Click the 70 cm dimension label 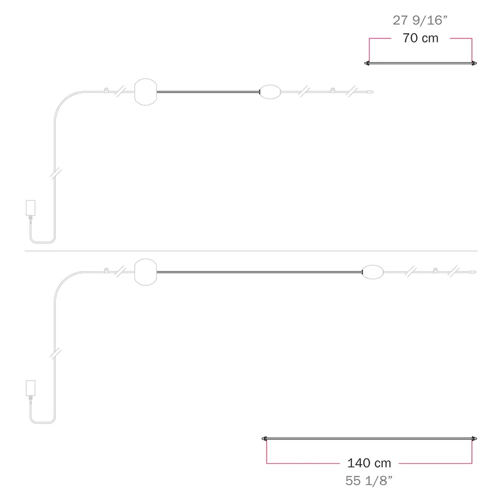[x=420, y=38]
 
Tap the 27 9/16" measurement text [x=420, y=20]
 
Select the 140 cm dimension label [x=369, y=463]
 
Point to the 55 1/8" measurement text [x=369, y=481]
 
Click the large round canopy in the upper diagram [x=146, y=92]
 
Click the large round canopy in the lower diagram [x=146, y=272]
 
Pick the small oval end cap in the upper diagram [x=270, y=92]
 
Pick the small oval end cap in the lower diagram [x=373, y=272]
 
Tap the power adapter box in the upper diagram [x=30, y=208]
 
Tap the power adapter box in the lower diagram [x=30, y=388]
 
